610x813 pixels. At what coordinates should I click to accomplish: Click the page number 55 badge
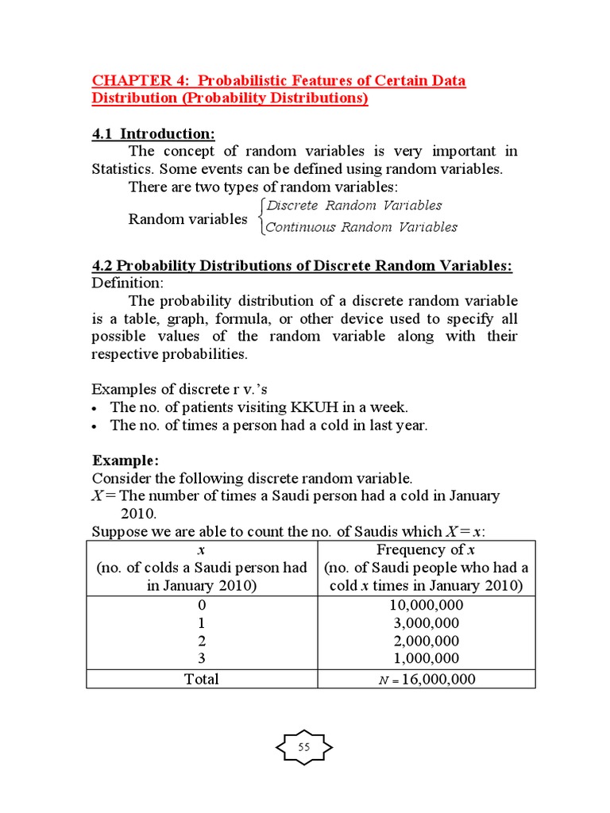[304, 747]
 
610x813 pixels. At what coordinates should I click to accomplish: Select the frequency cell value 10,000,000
[427, 605]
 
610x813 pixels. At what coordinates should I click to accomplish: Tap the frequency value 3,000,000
[427, 622]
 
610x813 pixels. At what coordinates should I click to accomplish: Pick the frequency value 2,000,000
[427, 641]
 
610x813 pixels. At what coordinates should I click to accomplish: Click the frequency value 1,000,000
[427, 658]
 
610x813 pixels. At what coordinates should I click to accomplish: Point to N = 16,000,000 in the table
[427, 679]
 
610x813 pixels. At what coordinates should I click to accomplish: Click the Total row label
[201, 679]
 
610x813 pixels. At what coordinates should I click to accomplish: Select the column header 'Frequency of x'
[426, 550]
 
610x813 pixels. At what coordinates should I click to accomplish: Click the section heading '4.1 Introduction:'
[153, 133]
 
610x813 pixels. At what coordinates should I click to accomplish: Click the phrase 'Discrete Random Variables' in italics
[354, 206]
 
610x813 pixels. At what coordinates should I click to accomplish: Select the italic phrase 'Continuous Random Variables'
[361, 227]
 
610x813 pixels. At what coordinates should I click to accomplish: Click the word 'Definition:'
[127, 283]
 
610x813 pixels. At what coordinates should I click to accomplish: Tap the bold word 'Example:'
[125, 460]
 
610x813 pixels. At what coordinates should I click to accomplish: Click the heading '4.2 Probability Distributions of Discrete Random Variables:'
[302, 266]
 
